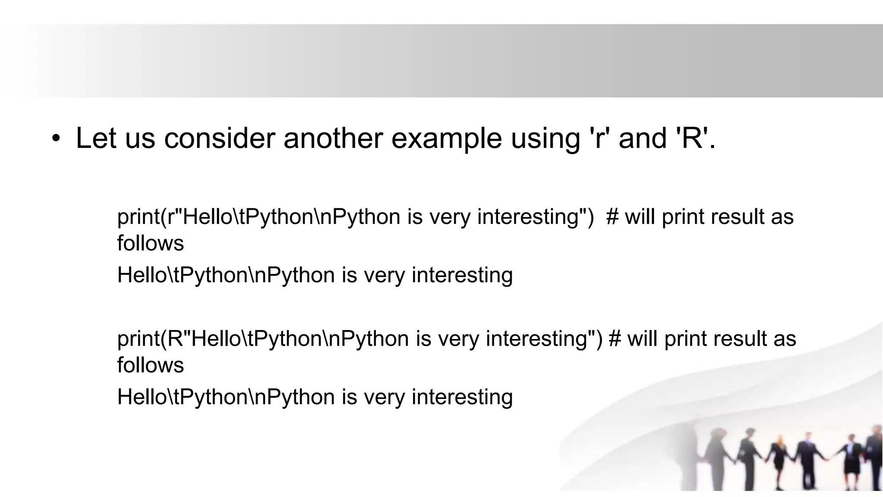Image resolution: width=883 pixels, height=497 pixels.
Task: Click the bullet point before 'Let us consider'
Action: point(56,139)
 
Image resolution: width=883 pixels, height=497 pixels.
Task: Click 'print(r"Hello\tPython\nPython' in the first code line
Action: point(259,217)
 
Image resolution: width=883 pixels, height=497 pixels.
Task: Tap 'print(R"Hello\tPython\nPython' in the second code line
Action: point(263,339)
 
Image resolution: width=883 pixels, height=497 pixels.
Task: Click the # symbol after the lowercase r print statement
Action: point(612,217)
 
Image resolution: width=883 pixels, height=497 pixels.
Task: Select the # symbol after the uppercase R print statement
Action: point(615,339)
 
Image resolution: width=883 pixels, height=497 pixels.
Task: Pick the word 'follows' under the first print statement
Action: point(150,243)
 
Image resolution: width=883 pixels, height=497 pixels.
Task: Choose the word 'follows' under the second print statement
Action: point(150,365)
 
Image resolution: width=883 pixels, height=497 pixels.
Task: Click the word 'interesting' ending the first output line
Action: point(462,275)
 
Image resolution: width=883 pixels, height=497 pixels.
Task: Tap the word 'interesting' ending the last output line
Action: point(462,397)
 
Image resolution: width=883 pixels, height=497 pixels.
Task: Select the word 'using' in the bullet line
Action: point(545,139)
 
